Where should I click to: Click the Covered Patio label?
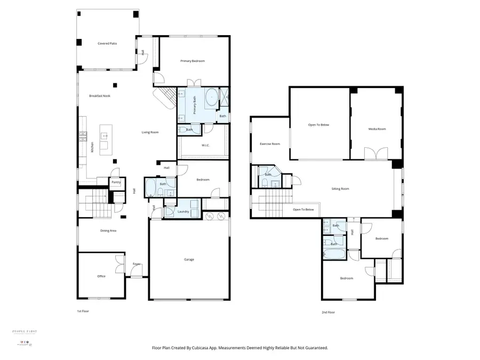(x=107, y=43)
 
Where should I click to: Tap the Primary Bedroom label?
(x=192, y=61)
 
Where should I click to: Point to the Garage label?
(x=189, y=260)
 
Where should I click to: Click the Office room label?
(x=101, y=276)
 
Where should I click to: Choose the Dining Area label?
(x=109, y=230)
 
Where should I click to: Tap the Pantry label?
(x=116, y=182)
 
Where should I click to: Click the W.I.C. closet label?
(x=205, y=145)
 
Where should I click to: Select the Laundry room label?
(x=183, y=212)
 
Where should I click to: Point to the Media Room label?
(x=377, y=129)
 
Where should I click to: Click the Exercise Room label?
(x=269, y=144)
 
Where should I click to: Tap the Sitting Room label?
(x=340, y=189)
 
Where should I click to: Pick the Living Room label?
(x=150, y=132)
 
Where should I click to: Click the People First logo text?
(x=25, y=331)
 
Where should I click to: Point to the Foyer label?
(x=137, y=264)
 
